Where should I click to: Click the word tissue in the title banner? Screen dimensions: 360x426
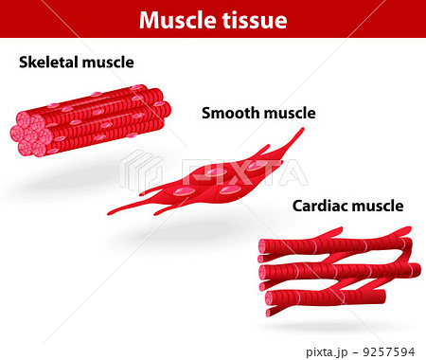tap(254, 20)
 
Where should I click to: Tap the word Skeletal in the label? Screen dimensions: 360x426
tap(48, 63)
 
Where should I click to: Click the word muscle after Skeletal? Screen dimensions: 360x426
tap(107, 63)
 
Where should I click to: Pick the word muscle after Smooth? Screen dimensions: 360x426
tap(289, 114)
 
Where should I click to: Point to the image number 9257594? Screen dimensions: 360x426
tap(395, 350)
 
